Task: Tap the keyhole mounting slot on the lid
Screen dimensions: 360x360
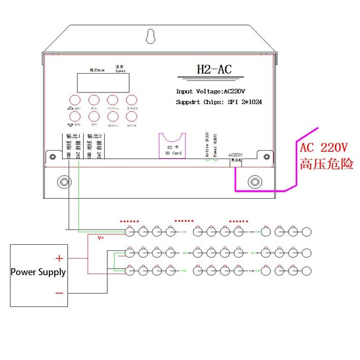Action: click(x=150, y=37)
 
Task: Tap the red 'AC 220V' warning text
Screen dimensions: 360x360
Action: click(x=324, y=148)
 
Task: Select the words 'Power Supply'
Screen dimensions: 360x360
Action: click(x=38, y=272)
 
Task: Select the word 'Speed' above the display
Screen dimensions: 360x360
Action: click(x=120, y=71)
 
